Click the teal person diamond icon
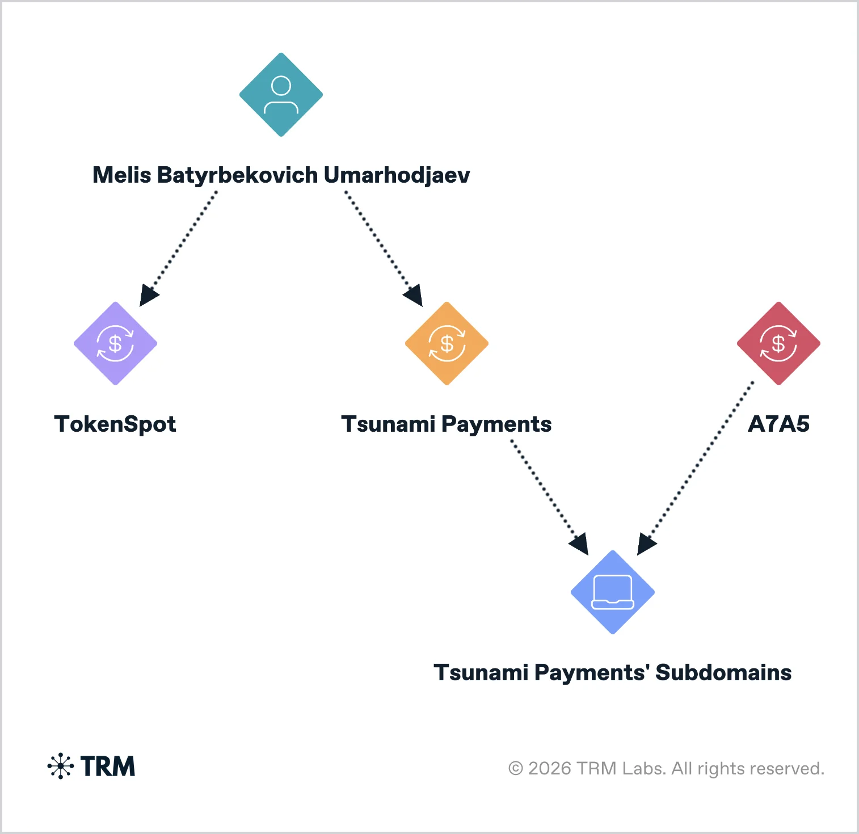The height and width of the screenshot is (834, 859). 281,95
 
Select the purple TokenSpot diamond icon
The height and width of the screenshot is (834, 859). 115,343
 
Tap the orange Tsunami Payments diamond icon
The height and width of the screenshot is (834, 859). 447,343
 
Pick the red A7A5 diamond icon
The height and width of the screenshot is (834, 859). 778,343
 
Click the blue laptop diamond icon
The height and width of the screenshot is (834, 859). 613,592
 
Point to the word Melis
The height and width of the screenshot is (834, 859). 121,175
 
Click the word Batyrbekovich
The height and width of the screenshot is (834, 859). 237,175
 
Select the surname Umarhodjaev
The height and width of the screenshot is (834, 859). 397,175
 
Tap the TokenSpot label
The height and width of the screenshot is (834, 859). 115,424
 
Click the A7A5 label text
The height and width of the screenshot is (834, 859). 778,424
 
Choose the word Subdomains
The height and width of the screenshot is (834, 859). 723,673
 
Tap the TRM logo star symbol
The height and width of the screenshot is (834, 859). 61,766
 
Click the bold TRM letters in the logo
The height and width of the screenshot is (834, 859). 108,766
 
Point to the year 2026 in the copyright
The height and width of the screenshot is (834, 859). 549,769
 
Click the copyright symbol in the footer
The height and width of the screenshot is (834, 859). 515,769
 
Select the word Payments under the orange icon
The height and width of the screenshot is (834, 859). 496,424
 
